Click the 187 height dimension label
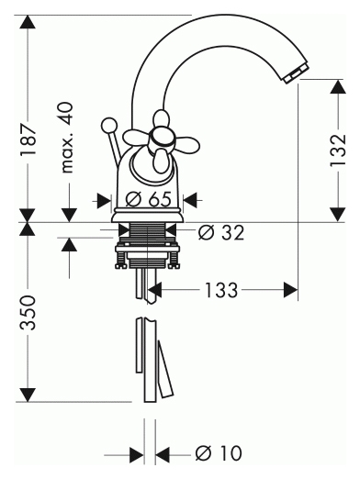click(28, 139)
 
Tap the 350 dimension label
click(28, 313)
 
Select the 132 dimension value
click(338, 150)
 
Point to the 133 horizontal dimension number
click(220, 290)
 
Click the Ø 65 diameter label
click(149, 200)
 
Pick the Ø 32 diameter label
click(221, 232)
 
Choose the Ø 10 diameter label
click(219, 453)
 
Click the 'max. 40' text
click(67, 138)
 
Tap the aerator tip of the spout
click(297, 73)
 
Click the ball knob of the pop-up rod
click(108, 126)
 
